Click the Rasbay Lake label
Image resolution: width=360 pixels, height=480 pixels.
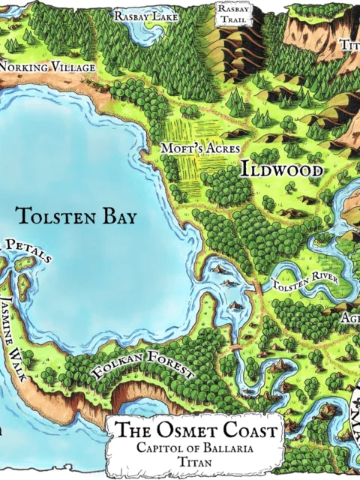pyautogui.click(x=145, y=16)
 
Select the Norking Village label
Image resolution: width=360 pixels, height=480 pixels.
pyautogui.click(x=48, y=68)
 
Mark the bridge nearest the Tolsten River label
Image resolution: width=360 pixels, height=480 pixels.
pyautogui.click(x=258, y=287)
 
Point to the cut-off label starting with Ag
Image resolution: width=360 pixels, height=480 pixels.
pyautogui.click(x=351, y=318)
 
